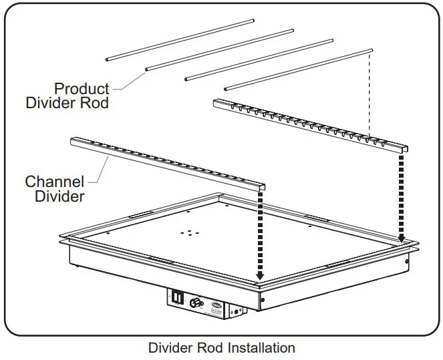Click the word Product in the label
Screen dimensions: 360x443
[81, 89]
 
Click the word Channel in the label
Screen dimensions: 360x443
[54, 182]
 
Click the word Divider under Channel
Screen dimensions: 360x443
[55, 196]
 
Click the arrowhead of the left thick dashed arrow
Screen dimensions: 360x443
[260, 276]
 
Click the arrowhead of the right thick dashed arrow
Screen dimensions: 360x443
[402, 238]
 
